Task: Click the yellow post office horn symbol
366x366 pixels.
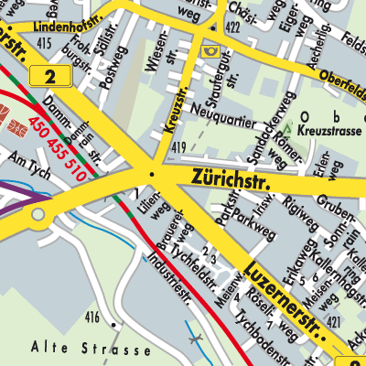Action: [x=212, y=51]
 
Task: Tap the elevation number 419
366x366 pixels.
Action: [x=179, y=146]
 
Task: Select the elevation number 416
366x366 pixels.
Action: [x=91, y=317]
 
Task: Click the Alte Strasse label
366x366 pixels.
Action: [x=90, y=350]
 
